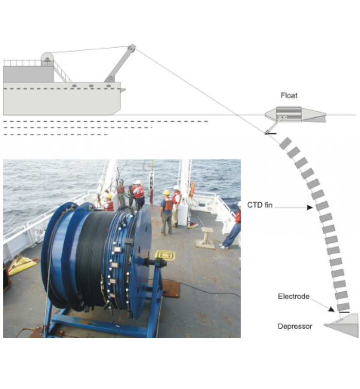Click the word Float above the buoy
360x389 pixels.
[289, 96]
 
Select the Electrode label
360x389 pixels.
[293, 296]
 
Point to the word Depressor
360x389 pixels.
[294, 326]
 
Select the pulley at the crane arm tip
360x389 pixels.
[131, 48]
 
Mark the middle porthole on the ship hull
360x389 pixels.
[91, 86]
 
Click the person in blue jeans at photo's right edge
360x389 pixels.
[233, 229]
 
